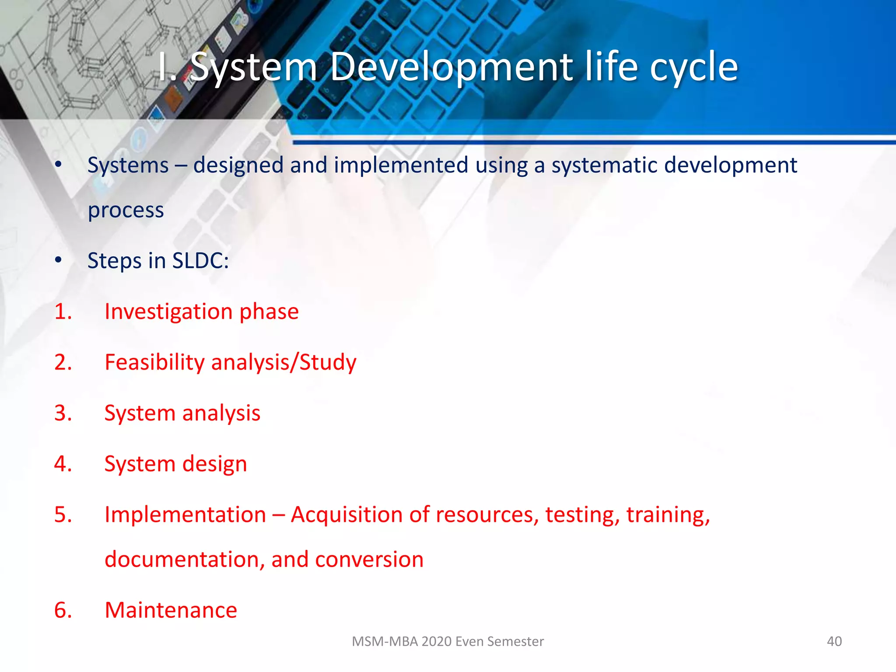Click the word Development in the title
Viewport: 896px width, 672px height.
tap(451, 68)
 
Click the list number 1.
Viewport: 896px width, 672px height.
tap(63, 311)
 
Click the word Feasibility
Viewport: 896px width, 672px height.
tap(154, 363)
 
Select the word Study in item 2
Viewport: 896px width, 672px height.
tap(328, 363)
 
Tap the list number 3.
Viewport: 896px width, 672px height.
tap(63, 413)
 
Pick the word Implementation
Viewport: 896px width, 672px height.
tap(185, 514)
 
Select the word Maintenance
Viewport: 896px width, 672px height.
tap(171, 610)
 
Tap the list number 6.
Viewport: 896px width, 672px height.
tap(63, 610)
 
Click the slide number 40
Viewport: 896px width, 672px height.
tap(834, 641)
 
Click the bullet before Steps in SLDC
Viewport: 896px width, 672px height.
tap(59, 261)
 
